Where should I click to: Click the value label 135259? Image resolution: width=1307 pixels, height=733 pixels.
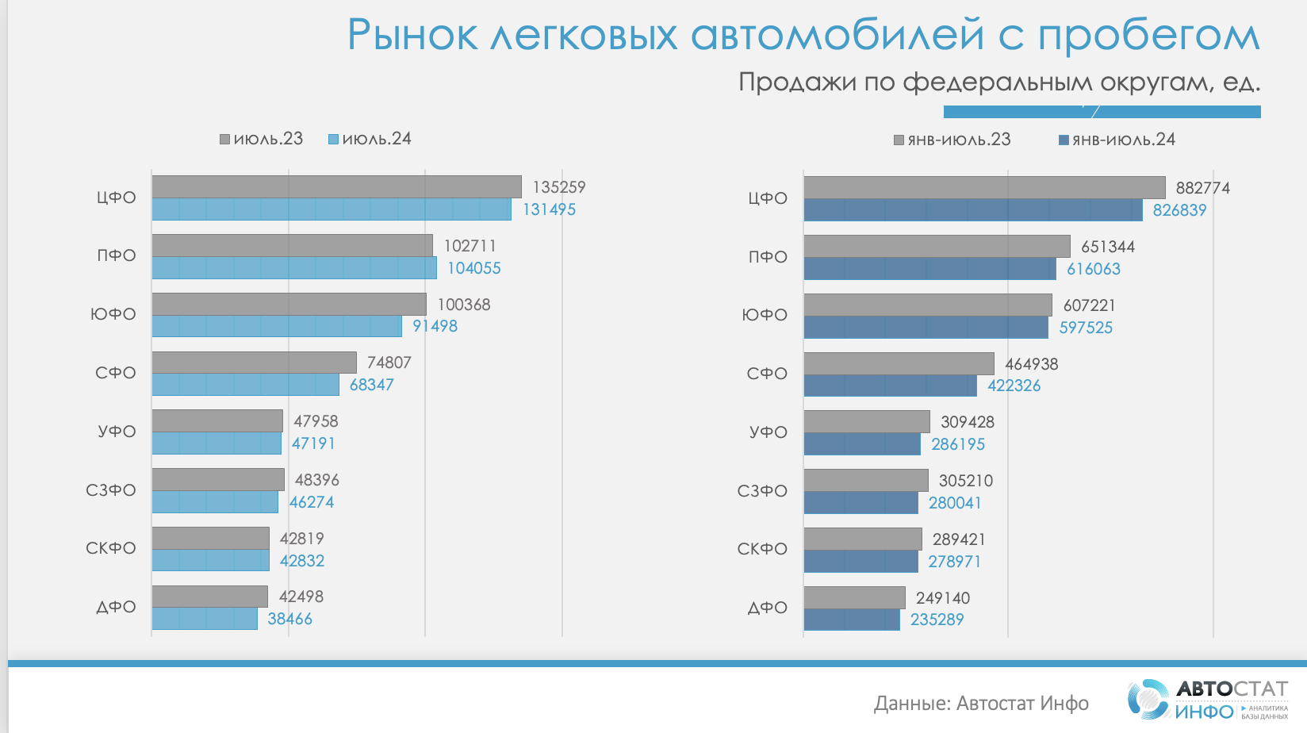pyautogui.click(x=558, y=187)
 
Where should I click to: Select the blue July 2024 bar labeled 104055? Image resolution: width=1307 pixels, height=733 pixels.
pyautogui.click(x=293, y=268)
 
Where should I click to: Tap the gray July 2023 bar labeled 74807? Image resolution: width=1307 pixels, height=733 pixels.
pyautogui.click(x=254, y=363)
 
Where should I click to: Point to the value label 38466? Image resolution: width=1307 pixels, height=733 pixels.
pyautogui.click(x=289, y=619)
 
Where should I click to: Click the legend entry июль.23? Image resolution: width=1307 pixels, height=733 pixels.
pyautogui.click(x=262, y=139)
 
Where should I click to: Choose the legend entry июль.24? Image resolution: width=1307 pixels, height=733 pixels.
pyautogui.click(x=370, y=139)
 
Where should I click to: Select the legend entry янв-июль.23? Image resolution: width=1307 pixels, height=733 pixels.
pyautogui.click(x=952, y=140)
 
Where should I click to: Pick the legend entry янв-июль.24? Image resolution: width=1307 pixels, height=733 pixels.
pyautogui.click(x=1117, y=140)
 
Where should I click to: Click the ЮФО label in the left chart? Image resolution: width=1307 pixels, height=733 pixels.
pyautogui.click(x=113, y=314)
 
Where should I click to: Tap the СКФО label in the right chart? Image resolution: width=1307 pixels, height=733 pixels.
pyautogui.click(x=762, y=549)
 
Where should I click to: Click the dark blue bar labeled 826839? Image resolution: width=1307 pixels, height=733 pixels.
pyautogui.click(x=972, y=210)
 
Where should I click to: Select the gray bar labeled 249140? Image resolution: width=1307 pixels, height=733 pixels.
pyautogui.click(x=854, y=597)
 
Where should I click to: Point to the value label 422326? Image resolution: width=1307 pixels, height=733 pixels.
pyautogui.click(x=1014, y=386)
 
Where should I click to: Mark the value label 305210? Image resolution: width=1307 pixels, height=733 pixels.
pyautogui.click(x=965, y=481)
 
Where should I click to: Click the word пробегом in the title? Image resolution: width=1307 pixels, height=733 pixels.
pyautogui.click(x=1148, y=36)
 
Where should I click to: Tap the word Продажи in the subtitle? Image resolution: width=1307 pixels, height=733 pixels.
pyautogui.click(x=795, y=82)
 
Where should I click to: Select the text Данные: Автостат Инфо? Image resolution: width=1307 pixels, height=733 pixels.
pyautogui.click(x=981, y=703)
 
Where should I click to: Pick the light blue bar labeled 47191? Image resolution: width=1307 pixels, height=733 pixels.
pyautogui.click(x=217, y=443)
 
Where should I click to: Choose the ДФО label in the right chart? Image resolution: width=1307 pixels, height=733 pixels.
pyautogui.click(x=768, y=608)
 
